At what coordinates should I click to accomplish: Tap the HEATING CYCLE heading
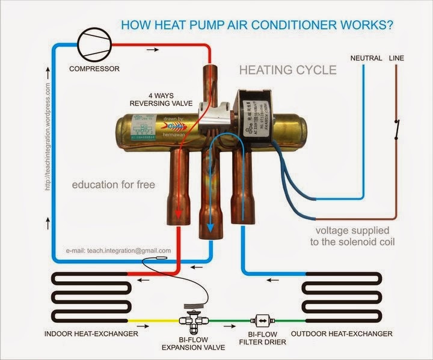point(288,70)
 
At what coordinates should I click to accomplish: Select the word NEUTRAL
point(366,58)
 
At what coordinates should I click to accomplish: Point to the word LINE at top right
point(398,58)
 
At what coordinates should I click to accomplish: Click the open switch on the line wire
point(396,130)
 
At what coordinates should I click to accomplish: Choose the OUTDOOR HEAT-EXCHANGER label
point(342,334)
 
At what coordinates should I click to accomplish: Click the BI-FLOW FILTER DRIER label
point(262,338)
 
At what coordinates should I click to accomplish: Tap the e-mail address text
point(118,250)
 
